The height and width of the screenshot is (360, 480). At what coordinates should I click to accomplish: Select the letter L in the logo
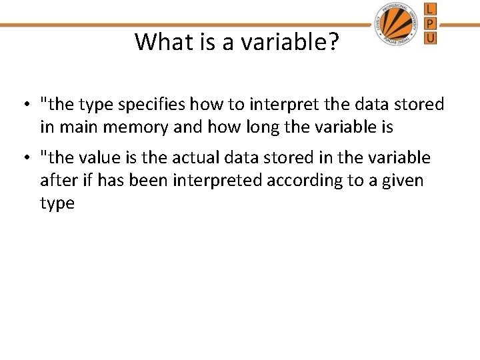point(430,9)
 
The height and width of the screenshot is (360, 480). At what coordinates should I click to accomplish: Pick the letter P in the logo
point(430,23)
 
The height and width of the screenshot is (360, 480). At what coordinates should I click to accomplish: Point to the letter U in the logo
point(430,38)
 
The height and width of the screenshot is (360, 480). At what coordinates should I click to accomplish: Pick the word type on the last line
point(57,203)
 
